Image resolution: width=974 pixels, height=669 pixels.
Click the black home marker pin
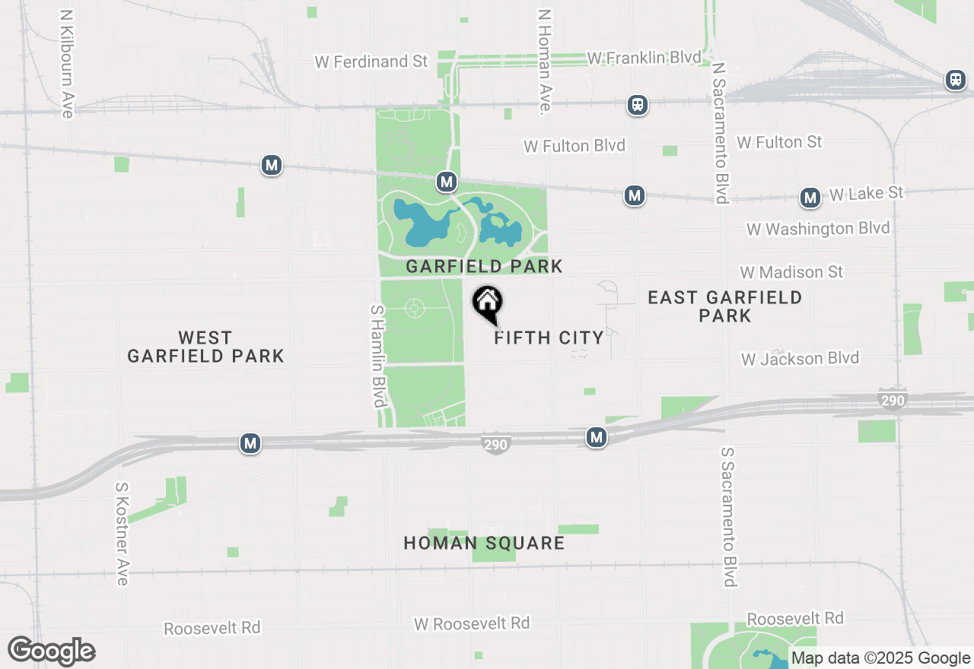pos(488,303)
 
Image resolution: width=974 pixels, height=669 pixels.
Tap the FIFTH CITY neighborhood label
pos(549,338)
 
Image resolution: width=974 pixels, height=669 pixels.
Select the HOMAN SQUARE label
pos(484,543)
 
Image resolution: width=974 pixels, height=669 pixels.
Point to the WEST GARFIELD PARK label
pos(205,347)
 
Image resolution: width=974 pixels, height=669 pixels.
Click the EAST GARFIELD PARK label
pos(724,306)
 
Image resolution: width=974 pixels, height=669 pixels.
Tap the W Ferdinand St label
pos(371,62)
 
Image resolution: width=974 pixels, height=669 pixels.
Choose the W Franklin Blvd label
pos(644,58)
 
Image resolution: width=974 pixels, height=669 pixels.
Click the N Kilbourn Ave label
pos(66,64)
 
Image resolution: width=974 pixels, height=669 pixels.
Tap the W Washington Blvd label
pos(818,229)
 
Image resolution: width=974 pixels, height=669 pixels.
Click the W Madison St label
pos(791,271)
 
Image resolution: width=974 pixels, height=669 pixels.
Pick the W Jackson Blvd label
pos(800,358)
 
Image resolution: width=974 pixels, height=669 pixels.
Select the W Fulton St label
pos(779,142)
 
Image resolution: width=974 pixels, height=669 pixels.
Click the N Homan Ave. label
pos(544,62)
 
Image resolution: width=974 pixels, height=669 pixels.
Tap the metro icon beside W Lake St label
pos(810,198)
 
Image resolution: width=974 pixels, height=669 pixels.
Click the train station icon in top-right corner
pos(955,80)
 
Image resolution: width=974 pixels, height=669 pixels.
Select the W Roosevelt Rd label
pos(472,623)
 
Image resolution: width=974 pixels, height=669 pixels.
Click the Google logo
pos(51,652)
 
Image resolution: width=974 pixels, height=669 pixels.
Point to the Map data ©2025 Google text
pos(880,658)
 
